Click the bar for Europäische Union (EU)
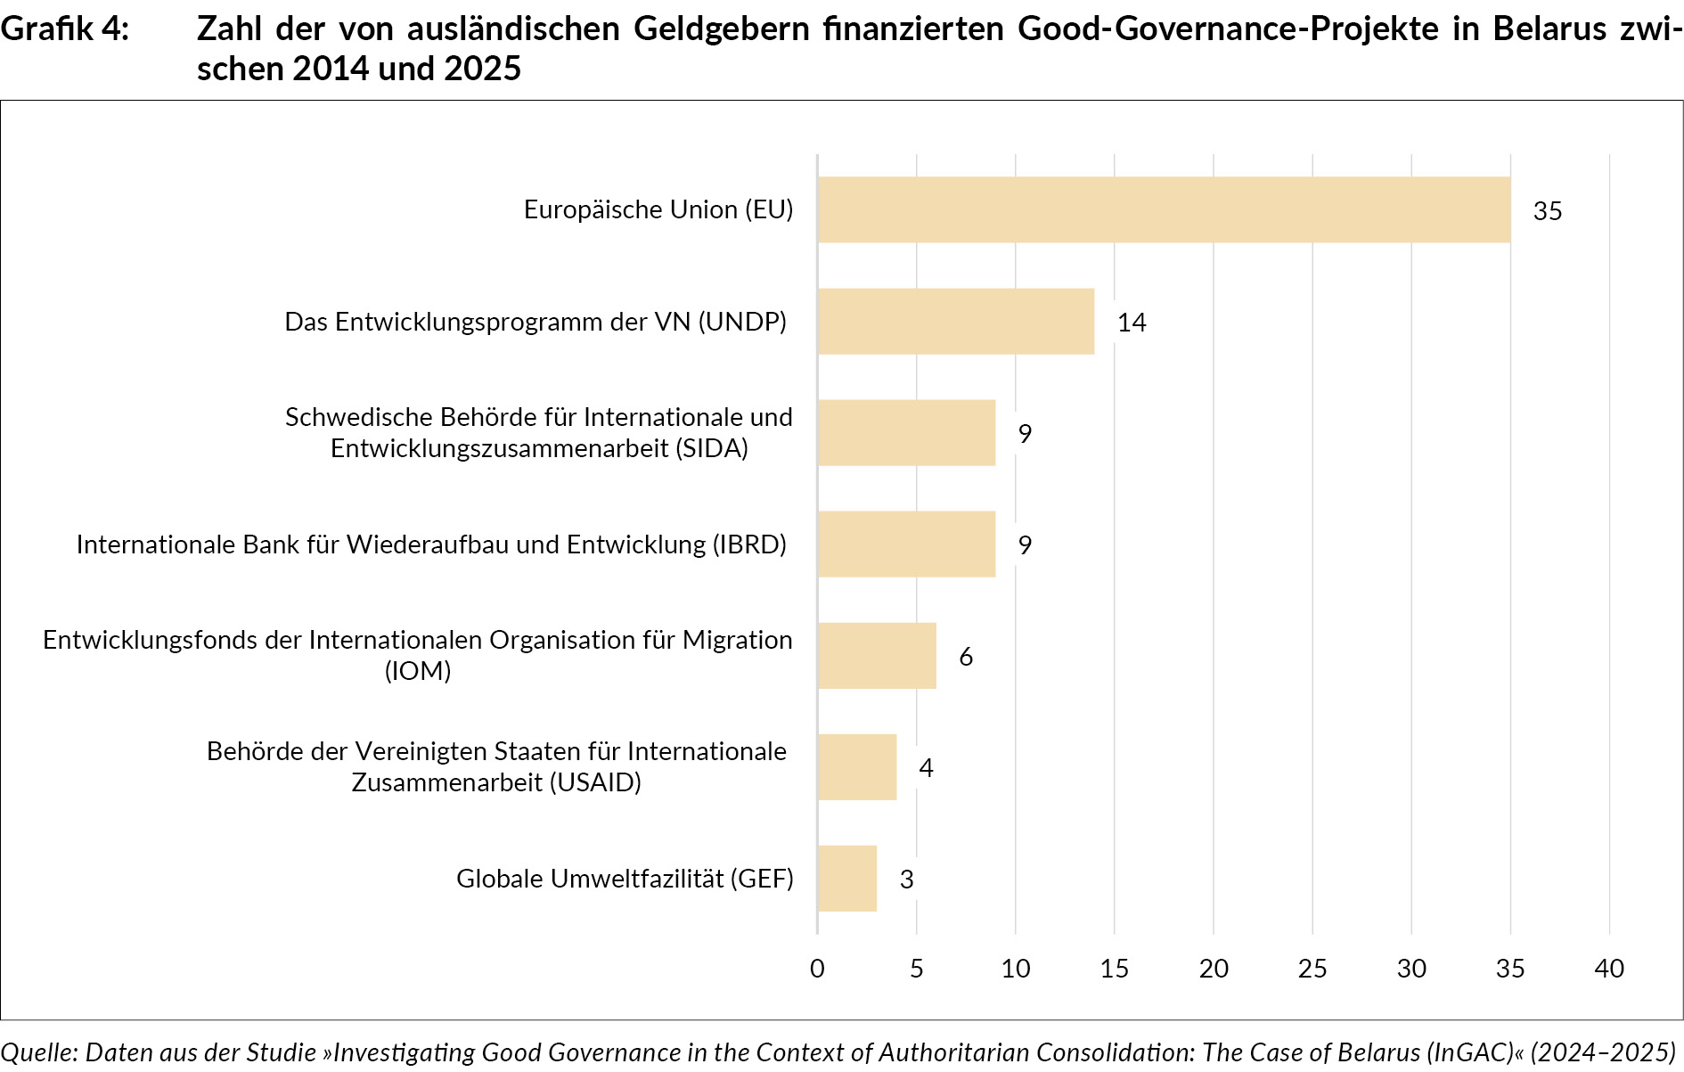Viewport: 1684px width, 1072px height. point(1163,209)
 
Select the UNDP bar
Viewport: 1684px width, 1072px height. point(955,321)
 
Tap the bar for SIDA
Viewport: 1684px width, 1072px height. point(905,432)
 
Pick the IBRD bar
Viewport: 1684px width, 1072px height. point(905,544)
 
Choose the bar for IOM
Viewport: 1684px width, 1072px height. point(876,655)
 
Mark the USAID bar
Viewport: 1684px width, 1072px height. point(856,766)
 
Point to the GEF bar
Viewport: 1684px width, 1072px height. point(846,878)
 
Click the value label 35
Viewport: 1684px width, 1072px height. point(1547,211)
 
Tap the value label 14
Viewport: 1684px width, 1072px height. point(1132,323)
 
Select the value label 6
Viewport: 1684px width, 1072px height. point(966,657)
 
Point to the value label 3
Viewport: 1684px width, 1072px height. point(906,880)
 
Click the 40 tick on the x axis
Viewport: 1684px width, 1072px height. point(1609,969)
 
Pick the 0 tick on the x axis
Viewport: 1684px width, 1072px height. point(817,969)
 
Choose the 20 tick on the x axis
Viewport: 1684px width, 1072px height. point(1214,969)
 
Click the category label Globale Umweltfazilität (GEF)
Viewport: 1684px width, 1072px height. point(625,879)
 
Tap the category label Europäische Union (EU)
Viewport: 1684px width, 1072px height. point(658,209)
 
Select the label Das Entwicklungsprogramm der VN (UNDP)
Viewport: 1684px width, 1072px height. point(535,322)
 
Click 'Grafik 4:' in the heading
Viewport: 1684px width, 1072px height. point(64,29)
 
